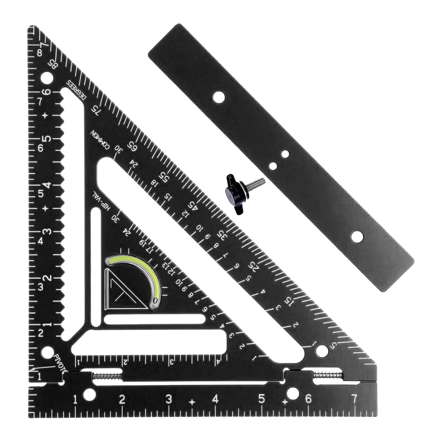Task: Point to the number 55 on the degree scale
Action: coord(163,177)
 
